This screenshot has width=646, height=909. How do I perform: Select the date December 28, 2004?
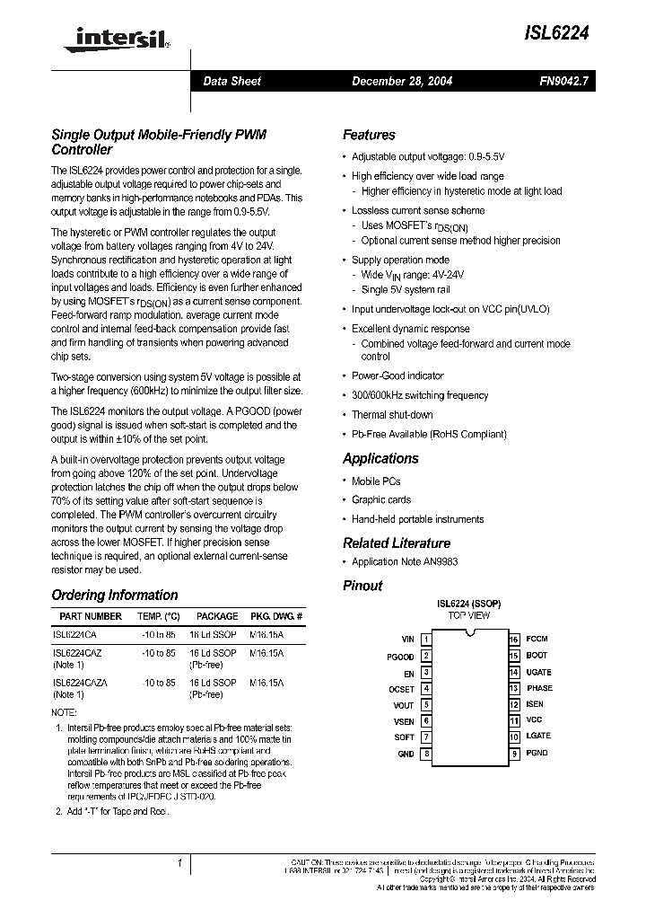click(402, 81)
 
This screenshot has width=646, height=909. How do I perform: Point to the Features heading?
click(369, 135)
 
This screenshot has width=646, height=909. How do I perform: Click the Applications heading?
click(380, 458)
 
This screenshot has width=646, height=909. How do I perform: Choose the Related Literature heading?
click(397, 543)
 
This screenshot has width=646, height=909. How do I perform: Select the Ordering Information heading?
click(115, 595)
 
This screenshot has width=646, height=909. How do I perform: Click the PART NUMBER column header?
click(91, 617)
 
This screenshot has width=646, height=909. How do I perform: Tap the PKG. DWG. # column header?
click(276, 617)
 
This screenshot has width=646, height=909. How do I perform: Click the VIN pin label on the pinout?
click(407, 640)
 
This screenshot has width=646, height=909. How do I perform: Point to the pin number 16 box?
click(514, 640)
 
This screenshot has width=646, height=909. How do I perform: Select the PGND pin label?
click(537, 754)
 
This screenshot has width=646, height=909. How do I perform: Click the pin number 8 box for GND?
click(426, 754)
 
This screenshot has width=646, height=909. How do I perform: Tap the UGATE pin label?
click(538, 672)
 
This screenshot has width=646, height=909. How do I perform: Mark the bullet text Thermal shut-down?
click(392, 415)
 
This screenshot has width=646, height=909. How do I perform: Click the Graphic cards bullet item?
click(381, 499)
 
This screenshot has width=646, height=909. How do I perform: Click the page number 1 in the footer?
click(179, 863)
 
